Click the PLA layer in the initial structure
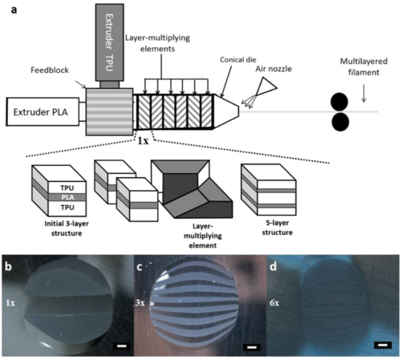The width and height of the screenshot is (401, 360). tap(57, 195)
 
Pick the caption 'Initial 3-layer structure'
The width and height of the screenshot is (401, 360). tap(57, 227)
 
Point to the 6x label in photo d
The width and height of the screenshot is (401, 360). tap(277, 303)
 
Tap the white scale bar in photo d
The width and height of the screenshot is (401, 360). tap(383, 346)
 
